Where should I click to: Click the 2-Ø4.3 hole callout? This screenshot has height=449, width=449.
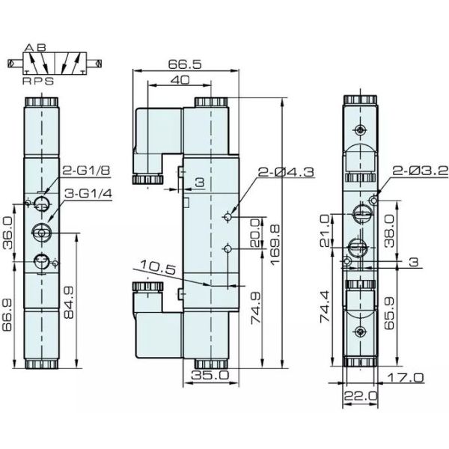[x=287, y=172]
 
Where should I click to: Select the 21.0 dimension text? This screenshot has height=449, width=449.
[x=326, y=230]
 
